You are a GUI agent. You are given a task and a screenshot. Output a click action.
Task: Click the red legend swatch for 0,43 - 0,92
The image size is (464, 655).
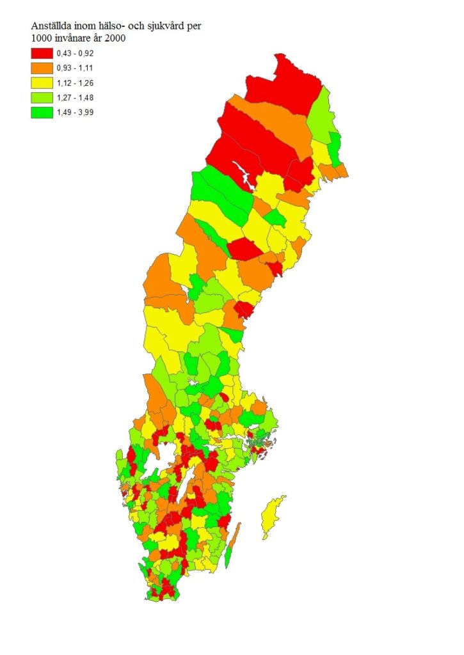(42, 53)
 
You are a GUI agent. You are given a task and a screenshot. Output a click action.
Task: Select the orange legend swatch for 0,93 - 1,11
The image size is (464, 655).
(42, 68)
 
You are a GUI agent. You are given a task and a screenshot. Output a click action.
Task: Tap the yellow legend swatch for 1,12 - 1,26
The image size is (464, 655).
(42, 83)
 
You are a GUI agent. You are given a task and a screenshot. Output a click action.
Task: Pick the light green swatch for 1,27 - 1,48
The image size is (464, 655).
(42, 97)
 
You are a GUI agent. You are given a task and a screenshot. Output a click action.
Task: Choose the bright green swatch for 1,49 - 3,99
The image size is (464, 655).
(42, 112)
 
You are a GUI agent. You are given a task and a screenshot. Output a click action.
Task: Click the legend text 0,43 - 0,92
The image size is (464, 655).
(75, 53)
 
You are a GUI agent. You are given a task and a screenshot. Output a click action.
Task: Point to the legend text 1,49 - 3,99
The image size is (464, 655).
(75, 112)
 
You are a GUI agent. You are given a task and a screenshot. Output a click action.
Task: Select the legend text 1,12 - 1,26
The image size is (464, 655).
(75, 83)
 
